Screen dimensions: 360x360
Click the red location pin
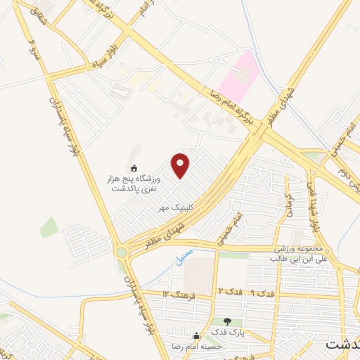tap(181, 166)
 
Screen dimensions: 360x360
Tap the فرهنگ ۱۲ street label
tap(179, 292)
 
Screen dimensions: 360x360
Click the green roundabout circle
tap(122, 252)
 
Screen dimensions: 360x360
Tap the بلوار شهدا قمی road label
tap(314, 200)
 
